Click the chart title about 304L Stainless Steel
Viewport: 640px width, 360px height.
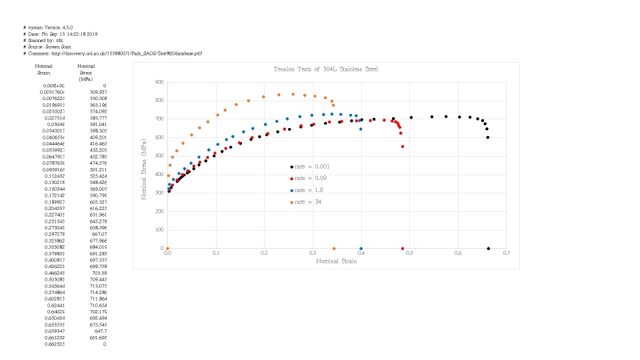coord(326,69)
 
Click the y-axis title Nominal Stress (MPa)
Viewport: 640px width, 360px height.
coord(143,165)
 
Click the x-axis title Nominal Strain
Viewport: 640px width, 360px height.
coord(336,261)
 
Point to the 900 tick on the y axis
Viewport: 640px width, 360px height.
coord(159,83)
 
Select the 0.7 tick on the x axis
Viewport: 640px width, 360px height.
coord(507,253)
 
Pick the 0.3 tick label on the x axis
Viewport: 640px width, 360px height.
coord(313,253)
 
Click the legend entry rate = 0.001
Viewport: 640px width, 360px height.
coord(310,167)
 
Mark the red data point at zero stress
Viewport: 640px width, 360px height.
coord(403,249)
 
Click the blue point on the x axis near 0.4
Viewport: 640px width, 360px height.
coord(361,249)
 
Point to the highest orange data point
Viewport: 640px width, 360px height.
coord(293,94)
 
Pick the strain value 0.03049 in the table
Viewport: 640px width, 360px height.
coord(55,124)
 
